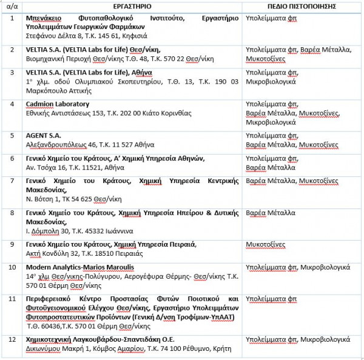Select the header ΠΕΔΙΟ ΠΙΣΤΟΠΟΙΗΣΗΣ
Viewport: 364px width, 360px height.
point(285,6)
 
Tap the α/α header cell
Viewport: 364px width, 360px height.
point(12,6)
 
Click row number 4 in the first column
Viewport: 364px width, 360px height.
point(12,104)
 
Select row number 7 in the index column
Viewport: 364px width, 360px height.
point(12,181)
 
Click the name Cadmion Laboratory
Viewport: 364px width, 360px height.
point(58,104)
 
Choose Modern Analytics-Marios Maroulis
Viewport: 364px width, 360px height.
point(79,267)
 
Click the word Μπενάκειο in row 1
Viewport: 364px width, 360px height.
point(46,18)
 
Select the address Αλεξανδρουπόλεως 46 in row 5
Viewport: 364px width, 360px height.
point(60,145)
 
